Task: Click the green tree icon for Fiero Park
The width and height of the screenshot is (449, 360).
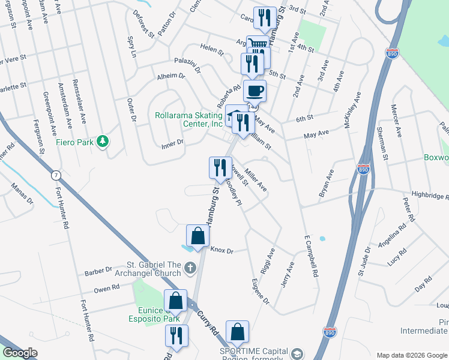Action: pos(104,141)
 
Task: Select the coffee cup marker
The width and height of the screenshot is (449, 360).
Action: pos(255,91)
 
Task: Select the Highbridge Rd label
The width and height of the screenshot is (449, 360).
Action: pos(430,196)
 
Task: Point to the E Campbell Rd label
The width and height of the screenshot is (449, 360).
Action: pos(310,255)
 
